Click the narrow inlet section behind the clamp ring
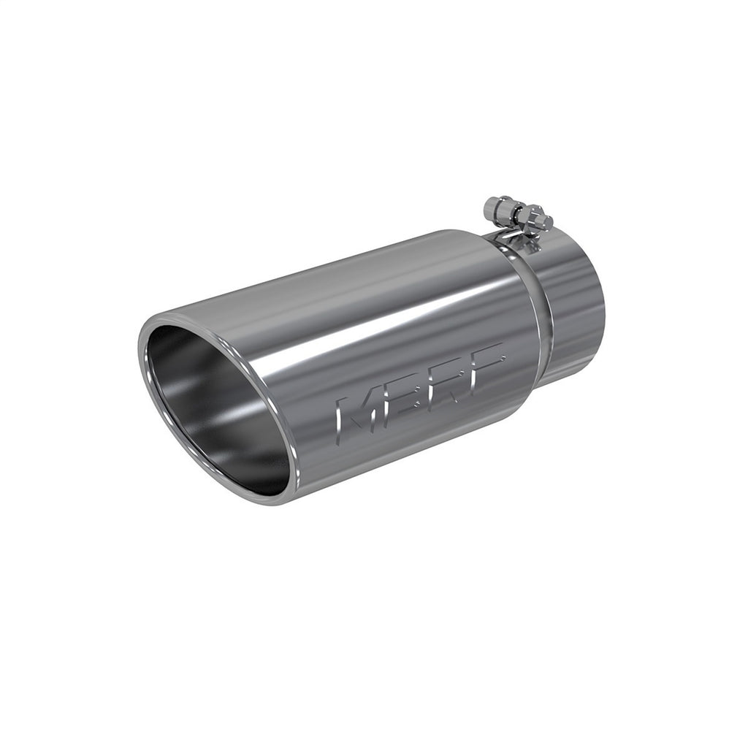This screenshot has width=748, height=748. [x=570, y=314]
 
